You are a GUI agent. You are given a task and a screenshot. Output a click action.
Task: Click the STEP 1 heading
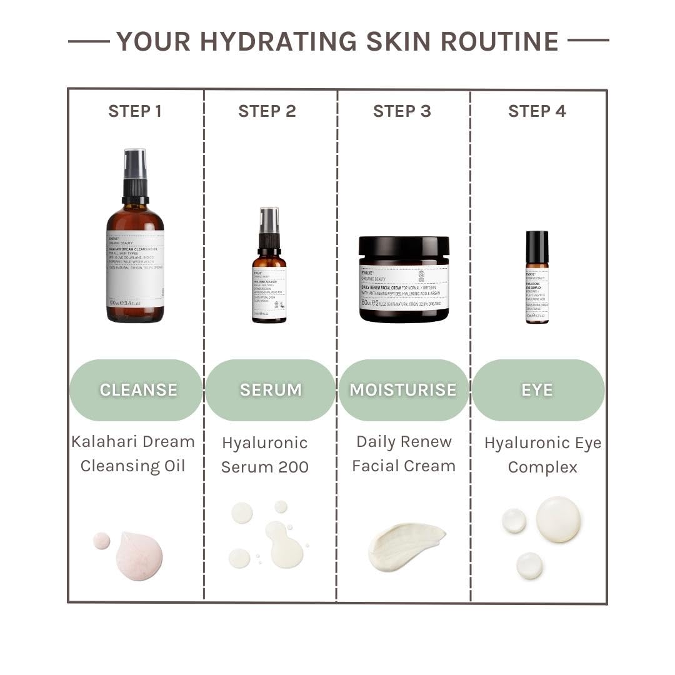point(135,111)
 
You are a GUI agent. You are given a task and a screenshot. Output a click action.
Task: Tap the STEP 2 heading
point(267,111)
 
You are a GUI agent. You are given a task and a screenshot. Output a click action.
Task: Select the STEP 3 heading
point(402,111)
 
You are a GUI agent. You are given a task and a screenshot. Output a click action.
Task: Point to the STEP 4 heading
point(537,111)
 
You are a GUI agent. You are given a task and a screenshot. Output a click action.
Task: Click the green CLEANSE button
point(136,390)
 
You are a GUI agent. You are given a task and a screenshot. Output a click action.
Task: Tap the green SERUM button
point(270,390)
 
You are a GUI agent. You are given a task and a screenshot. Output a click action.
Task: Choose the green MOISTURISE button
point(403,390)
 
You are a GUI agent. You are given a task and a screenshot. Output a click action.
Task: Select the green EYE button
point(537,390)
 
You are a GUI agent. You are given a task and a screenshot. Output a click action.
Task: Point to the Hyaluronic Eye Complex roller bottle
point(537,277)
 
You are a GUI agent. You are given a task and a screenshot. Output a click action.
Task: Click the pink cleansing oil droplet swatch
point(139,556)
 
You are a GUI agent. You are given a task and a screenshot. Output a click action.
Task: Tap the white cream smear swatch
point(405,545)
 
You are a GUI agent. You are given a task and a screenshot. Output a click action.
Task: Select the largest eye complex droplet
point(558,519)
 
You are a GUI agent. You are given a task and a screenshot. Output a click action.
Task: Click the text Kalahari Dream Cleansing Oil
point(133,454)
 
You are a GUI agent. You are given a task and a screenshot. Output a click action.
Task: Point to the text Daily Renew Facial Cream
point(404,454)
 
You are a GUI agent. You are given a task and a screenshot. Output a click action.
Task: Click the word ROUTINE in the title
point(499,41)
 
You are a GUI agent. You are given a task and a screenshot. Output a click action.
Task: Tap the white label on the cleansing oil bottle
point(135,269)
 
